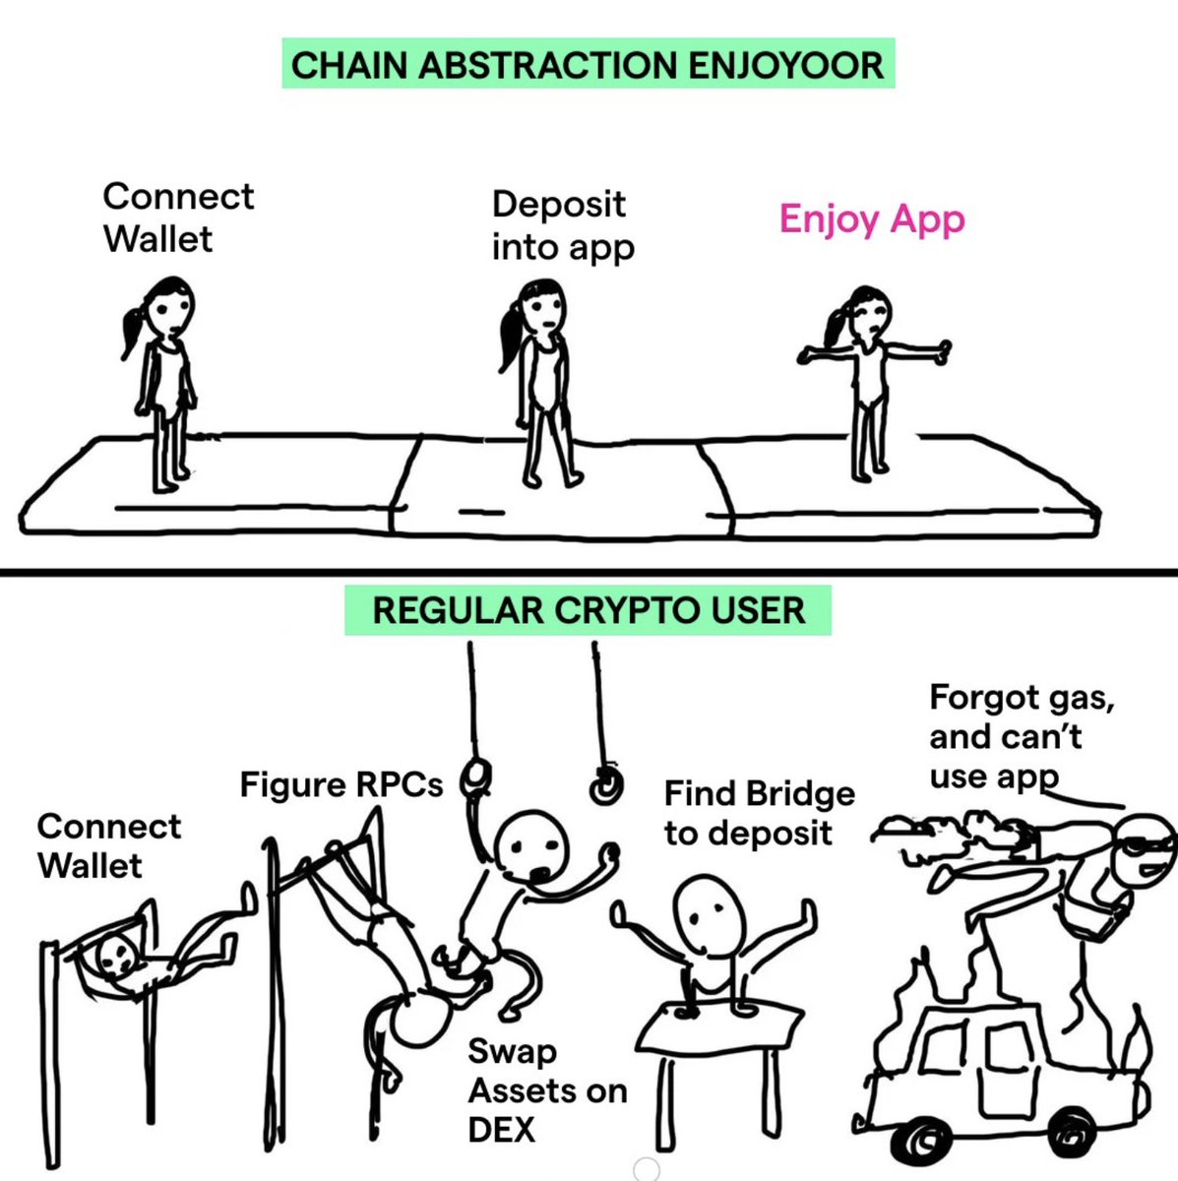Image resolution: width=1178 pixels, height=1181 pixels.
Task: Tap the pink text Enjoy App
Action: pyautogui.click(x=872, y=218)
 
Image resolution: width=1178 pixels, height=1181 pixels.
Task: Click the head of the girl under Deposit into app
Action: pyautogui.click(x=542, y=307)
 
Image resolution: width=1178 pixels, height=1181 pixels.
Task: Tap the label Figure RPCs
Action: pyautogui.click(x=341, y=785)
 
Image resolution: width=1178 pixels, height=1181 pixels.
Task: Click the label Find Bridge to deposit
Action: pyautogui.click(x=759, y=813)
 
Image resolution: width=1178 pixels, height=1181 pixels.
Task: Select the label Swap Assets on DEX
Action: pyautogui.click(x=546, y=1090)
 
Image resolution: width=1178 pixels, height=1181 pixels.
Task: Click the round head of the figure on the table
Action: pyautogui.click(x=708, y=912)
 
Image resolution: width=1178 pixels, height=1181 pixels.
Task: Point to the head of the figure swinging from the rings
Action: pyautogui.click(x=531, y=848)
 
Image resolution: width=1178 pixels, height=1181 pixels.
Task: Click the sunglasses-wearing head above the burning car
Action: pyautogui.click(x=1142, y=844)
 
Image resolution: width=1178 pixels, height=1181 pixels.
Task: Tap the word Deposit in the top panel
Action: pyautogui.click(x=558, y=205)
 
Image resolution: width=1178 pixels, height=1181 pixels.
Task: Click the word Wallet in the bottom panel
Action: pyautogui.click(x=91, y=866)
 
